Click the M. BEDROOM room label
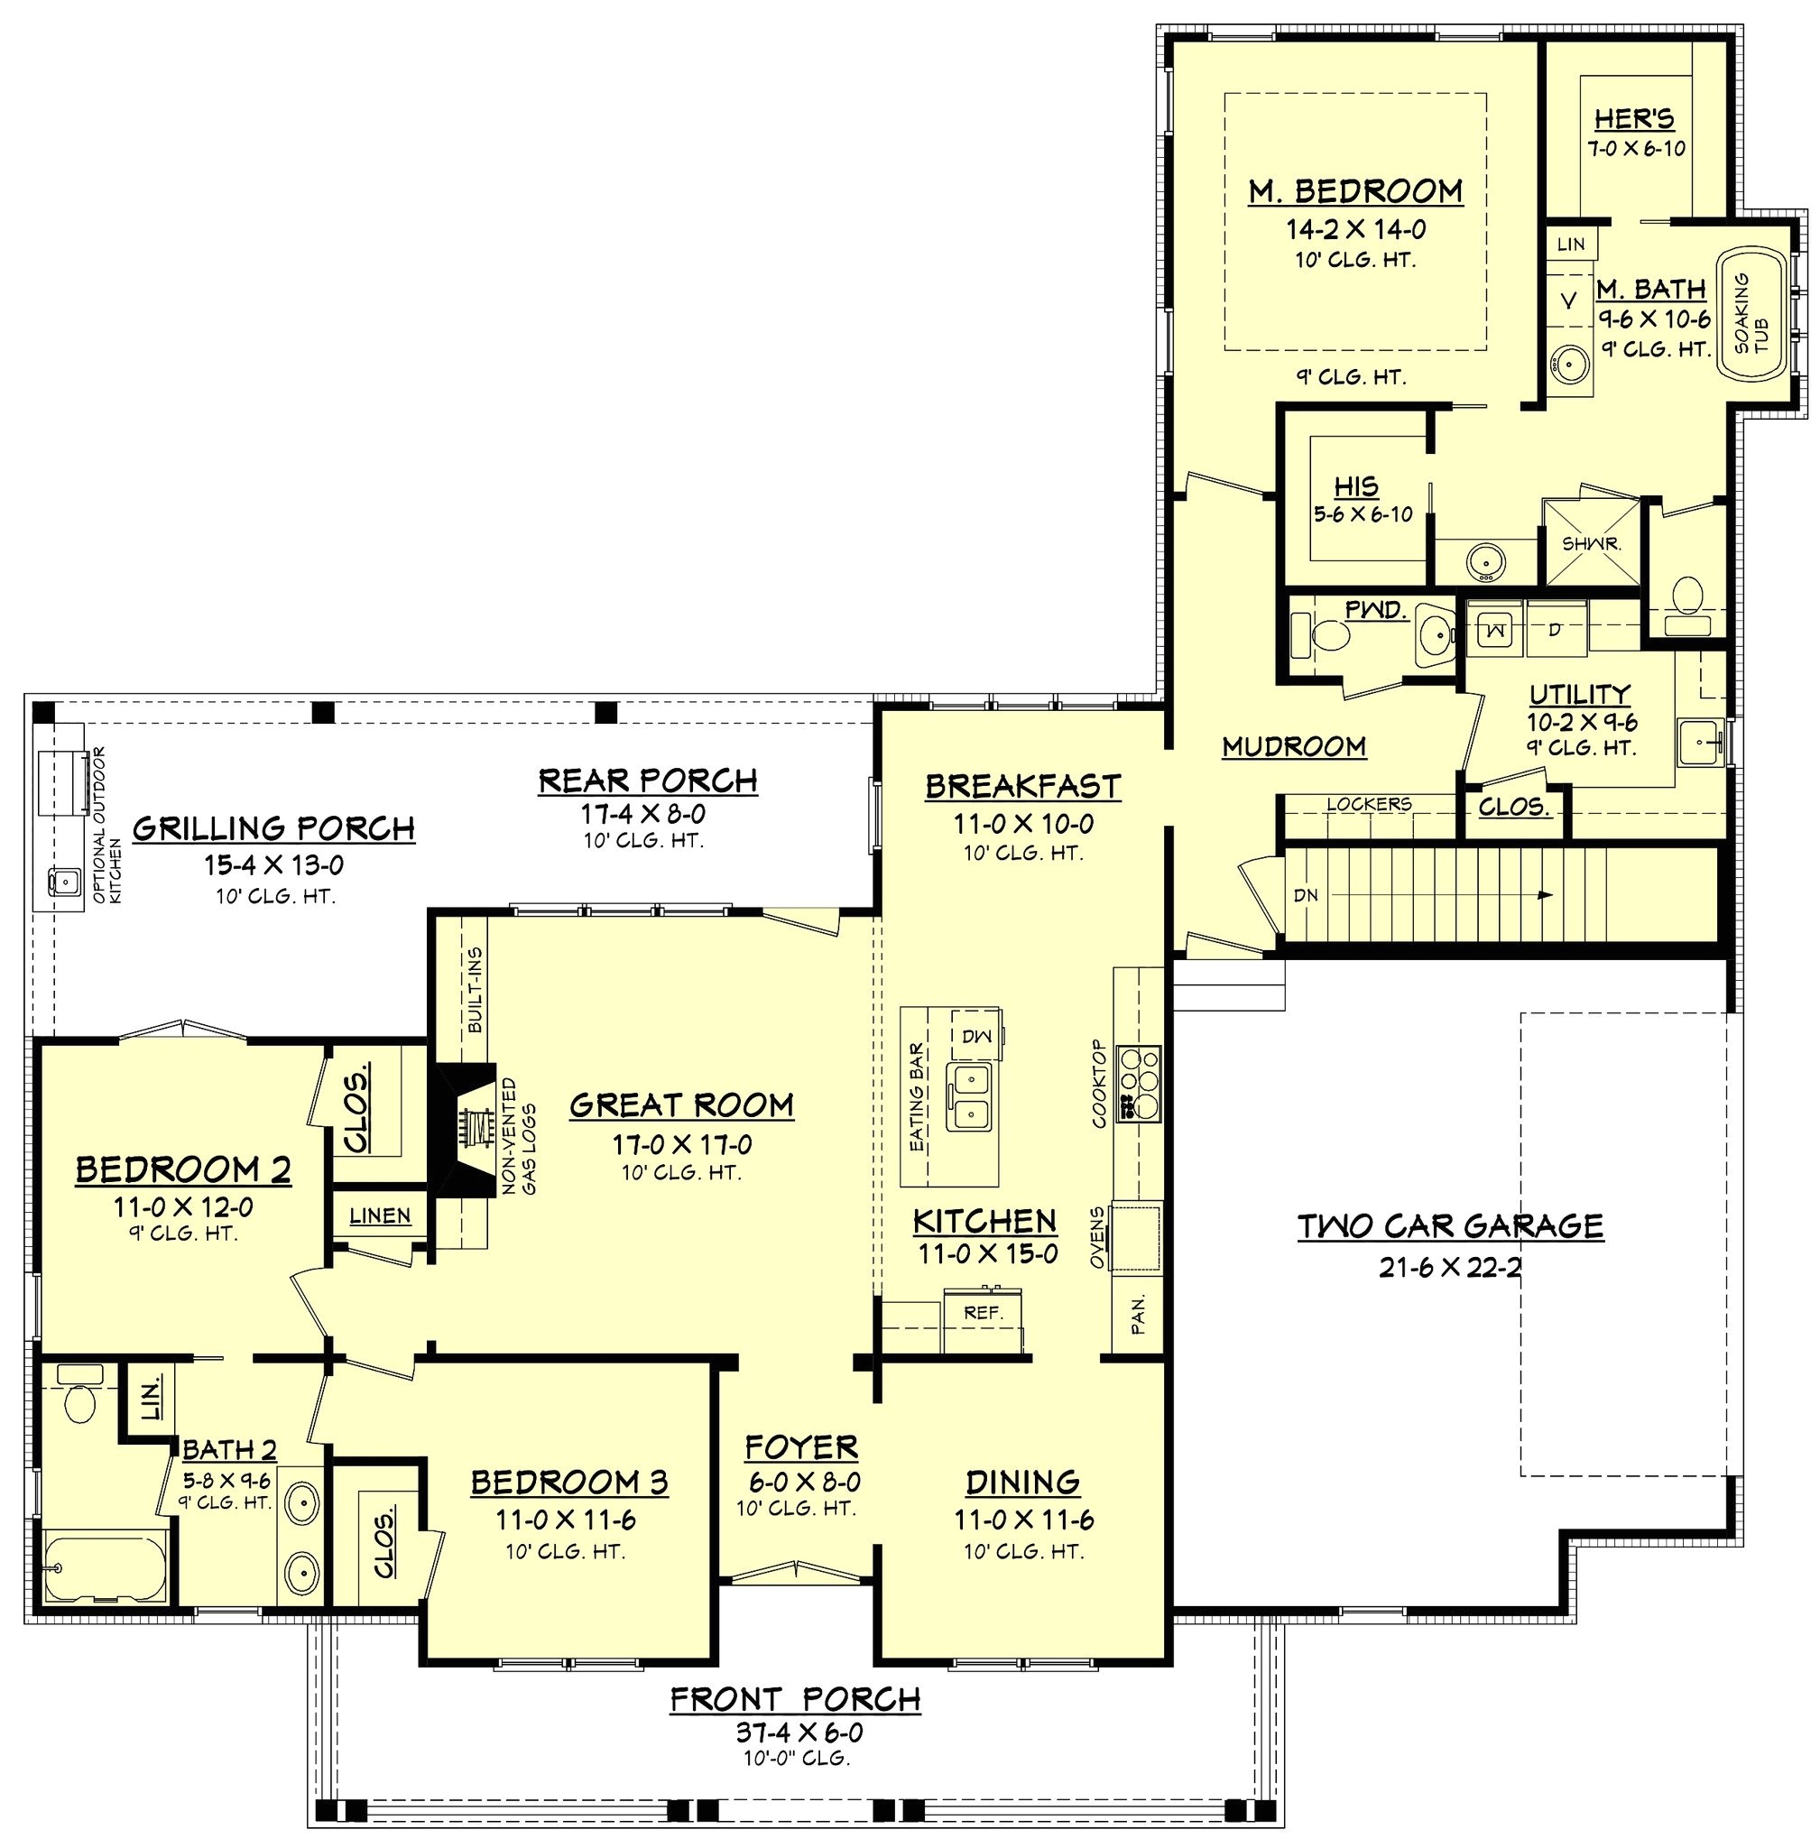tap(1355, 191)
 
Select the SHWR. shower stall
tap(1591, 543)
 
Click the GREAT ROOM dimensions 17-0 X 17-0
tap(681, 1144)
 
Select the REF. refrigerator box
tap(983, 1314)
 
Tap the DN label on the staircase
tap(1306, 896)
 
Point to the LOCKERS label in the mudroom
tap(1368, 804)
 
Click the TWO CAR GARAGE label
tap(1449, 1225)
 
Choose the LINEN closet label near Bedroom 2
tap(380, 1216)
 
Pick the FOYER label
tap(801, 1447)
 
